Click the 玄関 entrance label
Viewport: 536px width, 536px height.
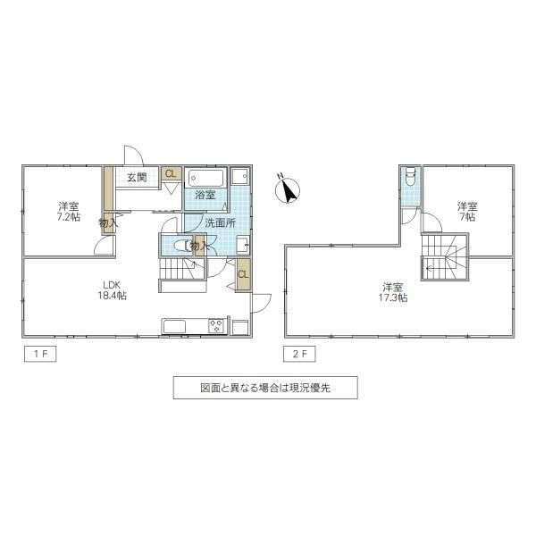(137, 178)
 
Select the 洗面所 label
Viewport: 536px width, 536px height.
(220, 223)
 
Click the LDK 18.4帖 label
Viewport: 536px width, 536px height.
(113, 289)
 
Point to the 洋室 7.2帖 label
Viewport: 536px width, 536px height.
(69, 212)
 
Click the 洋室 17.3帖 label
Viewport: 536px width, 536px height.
(393, 292)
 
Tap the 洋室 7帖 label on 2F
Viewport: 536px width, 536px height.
(467, 212)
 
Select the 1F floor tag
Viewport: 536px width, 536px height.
(40, 354)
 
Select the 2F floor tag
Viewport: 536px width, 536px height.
(299, 354)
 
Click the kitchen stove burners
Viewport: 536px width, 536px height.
(216, 325)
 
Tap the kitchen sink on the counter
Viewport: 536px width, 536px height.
(174, 326)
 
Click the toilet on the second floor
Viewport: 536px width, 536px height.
(410, 176)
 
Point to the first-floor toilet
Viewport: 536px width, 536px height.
(182, 246)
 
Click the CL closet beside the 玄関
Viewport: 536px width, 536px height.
(171, 173)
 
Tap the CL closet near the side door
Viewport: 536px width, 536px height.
(243, 274)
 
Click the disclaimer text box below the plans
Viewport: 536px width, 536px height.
(265, 388)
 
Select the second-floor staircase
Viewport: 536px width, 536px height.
(444, 256)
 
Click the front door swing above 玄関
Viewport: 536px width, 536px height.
(133, 155)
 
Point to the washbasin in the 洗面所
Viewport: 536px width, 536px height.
(243, 245)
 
